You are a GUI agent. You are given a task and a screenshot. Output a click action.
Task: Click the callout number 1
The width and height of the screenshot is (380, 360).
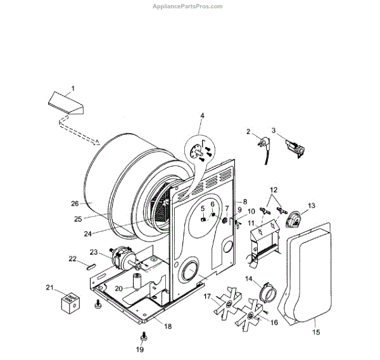tap(72, 87)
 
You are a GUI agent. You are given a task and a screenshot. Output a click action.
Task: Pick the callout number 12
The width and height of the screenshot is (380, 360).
tap(274, 190)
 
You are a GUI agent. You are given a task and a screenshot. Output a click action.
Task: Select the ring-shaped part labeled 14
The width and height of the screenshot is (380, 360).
tap(268, 293)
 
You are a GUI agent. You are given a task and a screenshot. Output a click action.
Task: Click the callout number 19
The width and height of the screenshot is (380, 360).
tap(141, 349)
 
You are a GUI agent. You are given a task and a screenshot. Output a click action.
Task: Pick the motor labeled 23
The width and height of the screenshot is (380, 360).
tap(119, 259)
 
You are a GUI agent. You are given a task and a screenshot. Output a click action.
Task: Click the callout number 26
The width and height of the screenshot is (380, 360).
tap(75, 203)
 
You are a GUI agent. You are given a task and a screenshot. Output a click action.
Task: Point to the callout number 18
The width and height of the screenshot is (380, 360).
tap(168, 326)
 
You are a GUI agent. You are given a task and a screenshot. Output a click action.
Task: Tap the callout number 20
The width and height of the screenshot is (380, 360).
tap(118, 288)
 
